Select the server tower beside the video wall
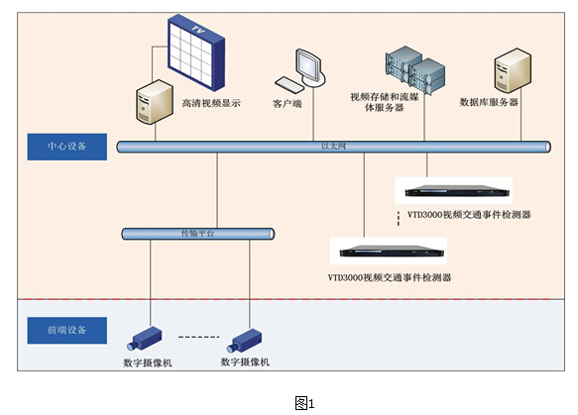point(153,103)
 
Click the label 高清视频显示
point(212,101)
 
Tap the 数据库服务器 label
point(490,102)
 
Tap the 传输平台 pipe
point(197,234)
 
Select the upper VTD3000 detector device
point(452,190)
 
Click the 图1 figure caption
point(304,401)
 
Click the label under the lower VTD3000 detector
point(389,278)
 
